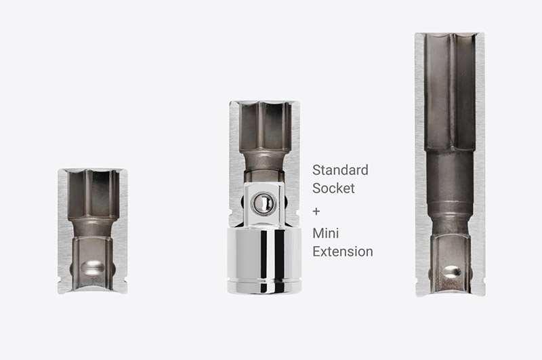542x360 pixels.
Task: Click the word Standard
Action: click(x=340, y=170)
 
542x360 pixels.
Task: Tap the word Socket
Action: click(x=333, y=188)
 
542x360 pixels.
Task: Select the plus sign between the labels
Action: click(x=316, y=211)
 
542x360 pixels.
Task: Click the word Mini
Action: click(x=326, y=233)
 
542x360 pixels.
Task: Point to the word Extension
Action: click(x=343, y=252)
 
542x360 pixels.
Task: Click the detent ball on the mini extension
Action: click(x=264, y=203)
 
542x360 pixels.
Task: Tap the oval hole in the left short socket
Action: click(x=93, y=268)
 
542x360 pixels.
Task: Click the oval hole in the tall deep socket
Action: click(x=451, y=272)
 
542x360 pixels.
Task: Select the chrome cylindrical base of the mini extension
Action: click(x=264, y=260)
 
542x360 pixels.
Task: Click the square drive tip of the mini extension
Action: click(x=264, y=205)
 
